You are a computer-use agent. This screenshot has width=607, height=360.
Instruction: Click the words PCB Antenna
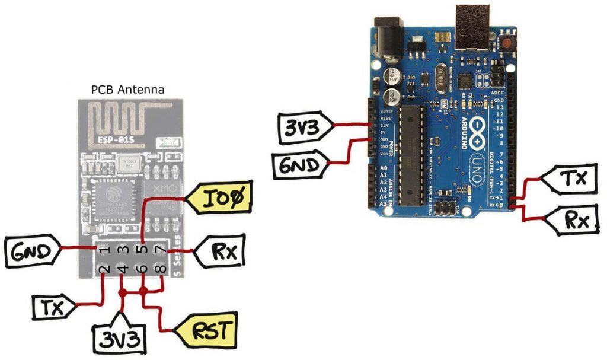(127, 90)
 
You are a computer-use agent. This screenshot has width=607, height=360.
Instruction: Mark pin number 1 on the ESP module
(106, 249)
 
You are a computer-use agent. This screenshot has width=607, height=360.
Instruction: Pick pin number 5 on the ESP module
(142, 249)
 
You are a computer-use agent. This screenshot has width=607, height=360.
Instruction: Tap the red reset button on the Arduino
(507, 42)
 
